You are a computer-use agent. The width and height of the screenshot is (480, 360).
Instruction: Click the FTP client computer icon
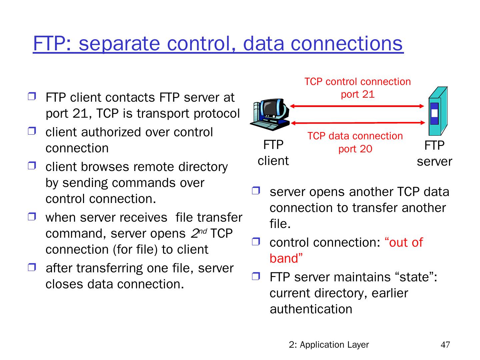pyautogui.click(x=270, y=115)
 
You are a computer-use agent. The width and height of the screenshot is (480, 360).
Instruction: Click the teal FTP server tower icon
pyautogui.click(x=437, y=112)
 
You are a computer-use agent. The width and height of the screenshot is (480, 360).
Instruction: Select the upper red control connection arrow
pyautogui.click(x=357, y=106)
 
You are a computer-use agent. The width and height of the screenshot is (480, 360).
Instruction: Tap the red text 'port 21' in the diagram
pyautogui.click(x=358, y=94)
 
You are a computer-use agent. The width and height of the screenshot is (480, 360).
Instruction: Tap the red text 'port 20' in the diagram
pyautogui.click(x=355, y=149)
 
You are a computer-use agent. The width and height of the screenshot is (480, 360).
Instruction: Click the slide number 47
pyautogui.click(x=445, y=345)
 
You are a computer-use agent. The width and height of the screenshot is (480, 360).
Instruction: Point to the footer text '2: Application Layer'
pyautogui.click(x=329, y=345)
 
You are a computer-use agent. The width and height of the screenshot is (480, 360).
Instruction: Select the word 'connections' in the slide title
pyautogui.click(x=347, y=44)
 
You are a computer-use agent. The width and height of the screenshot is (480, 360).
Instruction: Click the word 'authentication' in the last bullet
pyautogui.click(x=311, y=309)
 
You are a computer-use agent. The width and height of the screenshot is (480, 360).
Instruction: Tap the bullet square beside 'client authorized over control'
pyautogui.click(x=32, y=131)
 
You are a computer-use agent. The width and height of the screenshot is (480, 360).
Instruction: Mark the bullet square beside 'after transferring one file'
pyautogui.click(x=32, y=267)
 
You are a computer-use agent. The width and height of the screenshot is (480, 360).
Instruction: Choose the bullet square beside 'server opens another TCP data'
pyautogui.click(x=256, y=191)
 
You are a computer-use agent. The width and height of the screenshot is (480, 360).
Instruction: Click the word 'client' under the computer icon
pyautogui.click(x=273, y=161)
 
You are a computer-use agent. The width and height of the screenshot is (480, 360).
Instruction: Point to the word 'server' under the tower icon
pyautogui.click(x=434, y=162)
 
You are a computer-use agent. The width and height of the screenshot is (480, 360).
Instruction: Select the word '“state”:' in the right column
pyautogui.click(x=416, y=277)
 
